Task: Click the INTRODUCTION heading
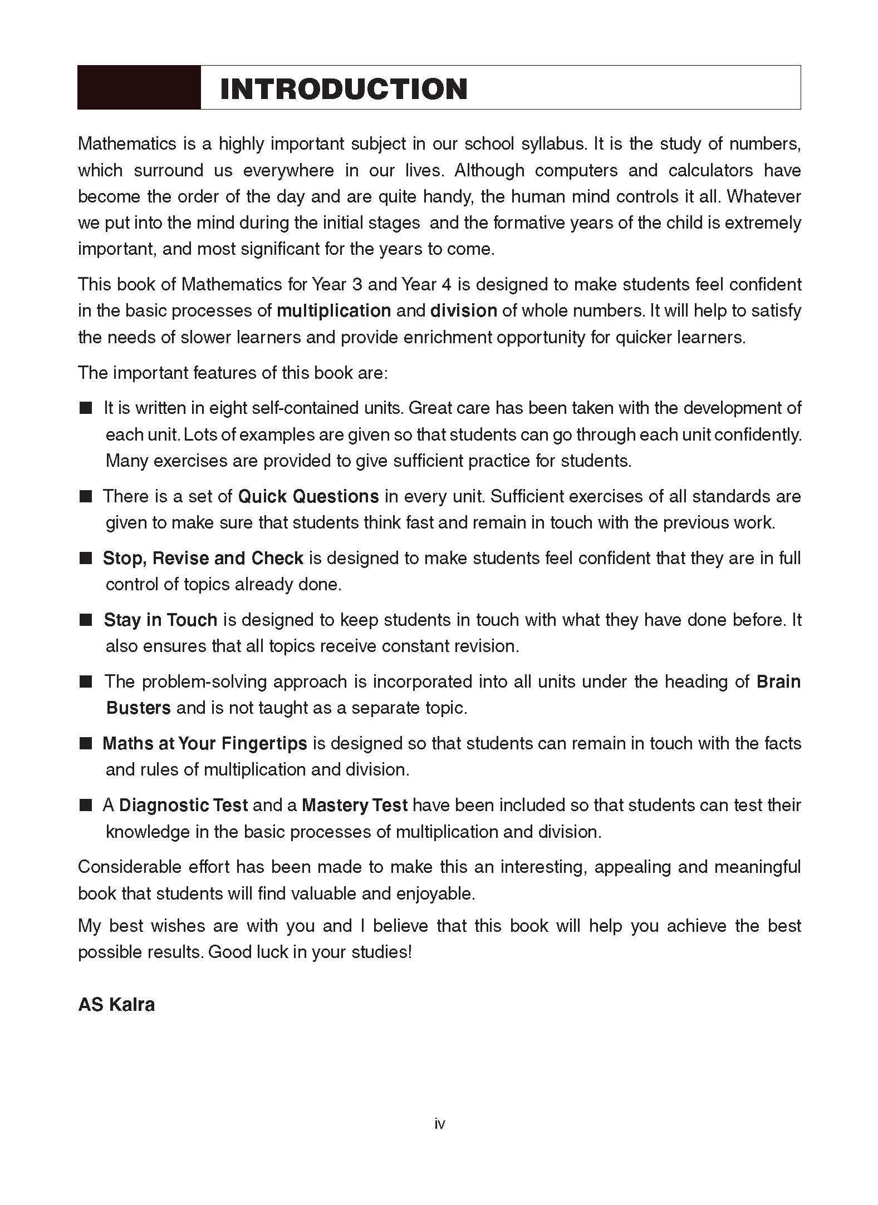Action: point(344,89)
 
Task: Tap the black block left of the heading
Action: point(139,87)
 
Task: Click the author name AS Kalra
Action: point(116,1005)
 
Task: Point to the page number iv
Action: point(439,1124)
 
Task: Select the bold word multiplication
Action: point(333,310)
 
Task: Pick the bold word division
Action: point(463,310)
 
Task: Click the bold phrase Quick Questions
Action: point(308,496)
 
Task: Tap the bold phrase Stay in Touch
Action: point(160,620)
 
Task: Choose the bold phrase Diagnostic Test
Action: point(183,805)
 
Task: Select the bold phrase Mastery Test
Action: point(355,805)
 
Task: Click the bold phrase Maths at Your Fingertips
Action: point(204,743)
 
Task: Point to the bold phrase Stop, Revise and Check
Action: point(203,558)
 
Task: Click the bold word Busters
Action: point(138,708)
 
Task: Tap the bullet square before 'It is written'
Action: point(85,408)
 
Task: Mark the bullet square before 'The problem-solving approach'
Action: point(85,682)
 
